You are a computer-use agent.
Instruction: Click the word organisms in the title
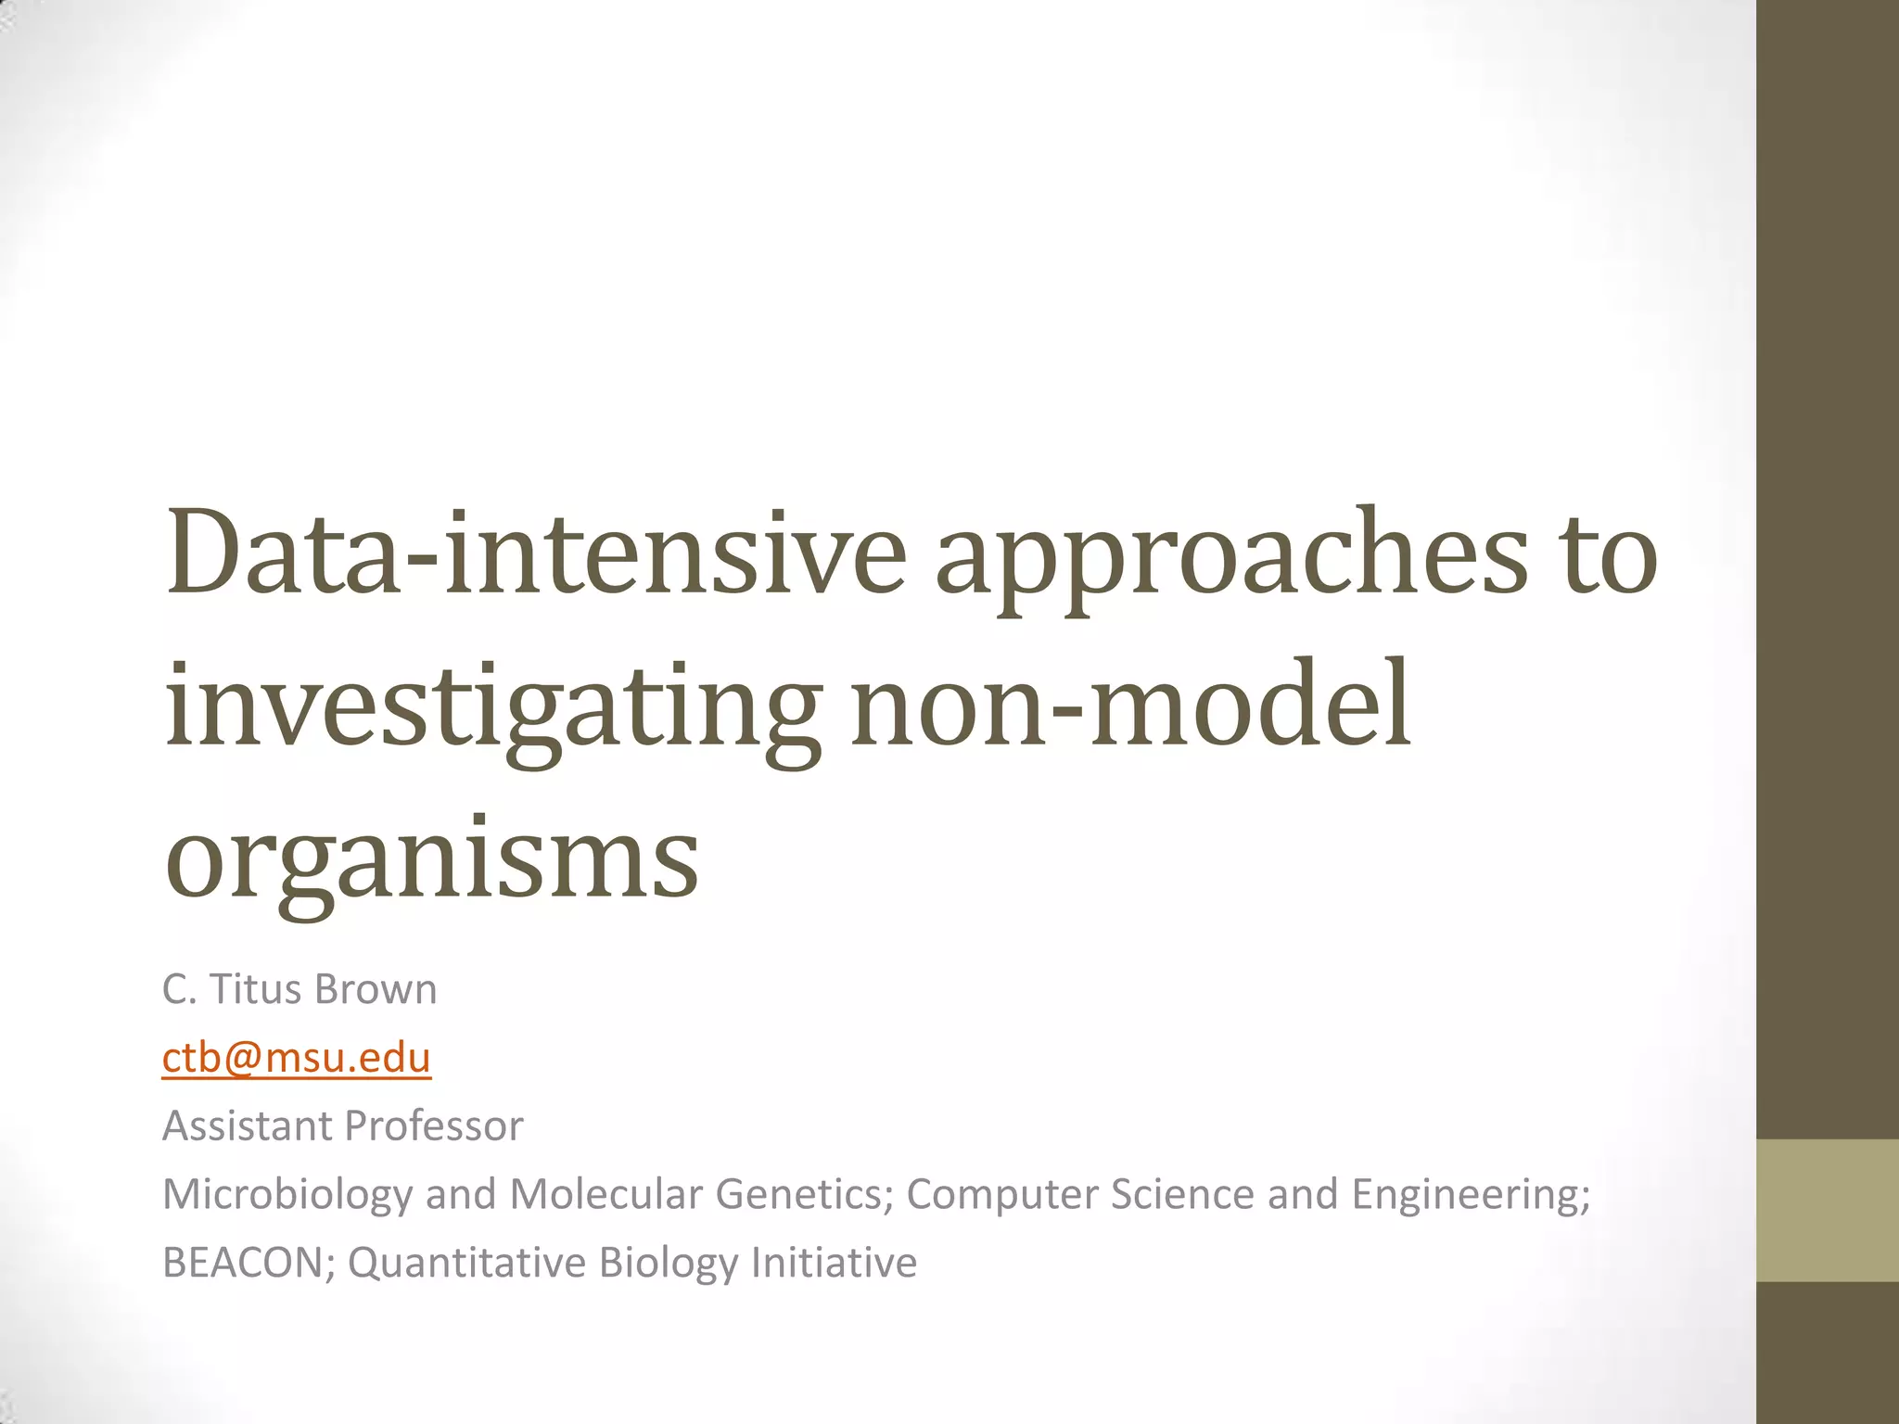(x=432, y=860)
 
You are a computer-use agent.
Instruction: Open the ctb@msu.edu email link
(x=297, y=1058)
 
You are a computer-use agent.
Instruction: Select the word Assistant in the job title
(x=248, y=1125)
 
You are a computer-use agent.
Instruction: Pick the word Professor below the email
(x=434, y=1125)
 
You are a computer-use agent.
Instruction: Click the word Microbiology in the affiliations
(x=287, y=1194)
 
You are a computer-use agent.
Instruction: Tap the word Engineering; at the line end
(x=1471, y=1194)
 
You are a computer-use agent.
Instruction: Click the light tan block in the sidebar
(x=1828, y=1210)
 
